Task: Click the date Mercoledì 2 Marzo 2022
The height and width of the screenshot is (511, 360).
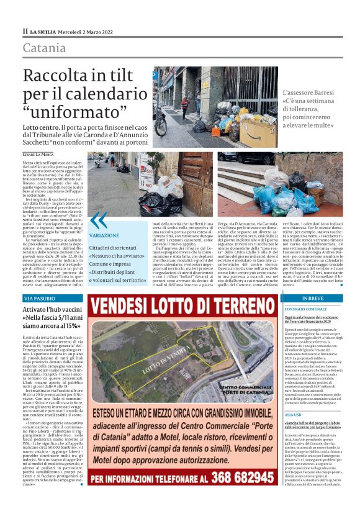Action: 90,31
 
